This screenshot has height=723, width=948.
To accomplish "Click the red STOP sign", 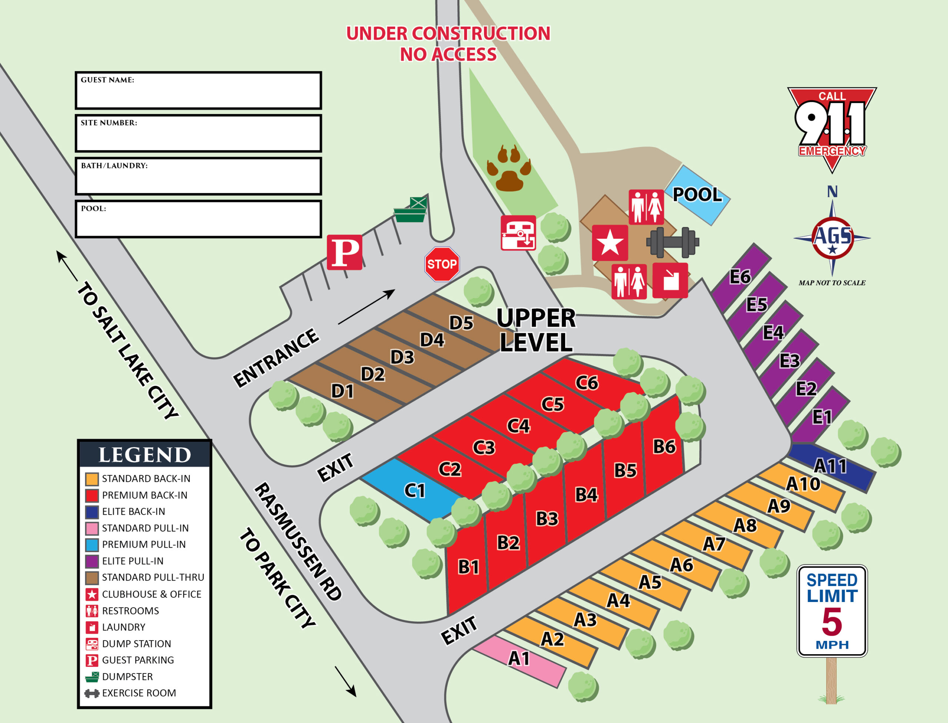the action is pyautogui.click(x=442, y=264).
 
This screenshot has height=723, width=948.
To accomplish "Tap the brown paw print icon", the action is pyautogui.click(x=509, y=168).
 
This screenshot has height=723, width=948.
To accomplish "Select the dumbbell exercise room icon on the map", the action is pyautogui.click(x=673, y=242).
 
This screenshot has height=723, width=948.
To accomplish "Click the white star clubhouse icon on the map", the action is pyautogui.click(x=610, y=242).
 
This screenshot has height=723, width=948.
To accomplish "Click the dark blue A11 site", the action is pyautogui.click(x=831, y=467).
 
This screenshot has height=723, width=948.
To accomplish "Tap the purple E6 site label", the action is pyautogui.click(x=740, y=277).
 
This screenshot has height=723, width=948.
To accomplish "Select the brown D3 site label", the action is pyautogui.click(x=402, y=357).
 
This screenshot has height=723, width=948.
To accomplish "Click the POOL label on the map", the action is pyautogui.click(x=697, y=195).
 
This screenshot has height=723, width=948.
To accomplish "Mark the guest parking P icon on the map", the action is pyautogui.click(x=344, y=252).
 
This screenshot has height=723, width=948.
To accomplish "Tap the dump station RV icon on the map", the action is pyautogui.click(x=518, y=233).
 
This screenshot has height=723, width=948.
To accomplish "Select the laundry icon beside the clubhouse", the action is pyautogui.click(x=670, y=280).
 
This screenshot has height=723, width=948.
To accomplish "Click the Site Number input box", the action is pyautogui.click(x=198, y=133).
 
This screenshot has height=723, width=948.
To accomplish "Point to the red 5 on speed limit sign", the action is pyautogui.click(x=832, y=622).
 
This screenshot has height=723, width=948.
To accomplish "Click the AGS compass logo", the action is pyautogui.click(x=832, y=238).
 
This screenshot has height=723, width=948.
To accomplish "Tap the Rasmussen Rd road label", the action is pyautogui.click(x=298, y=541).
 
